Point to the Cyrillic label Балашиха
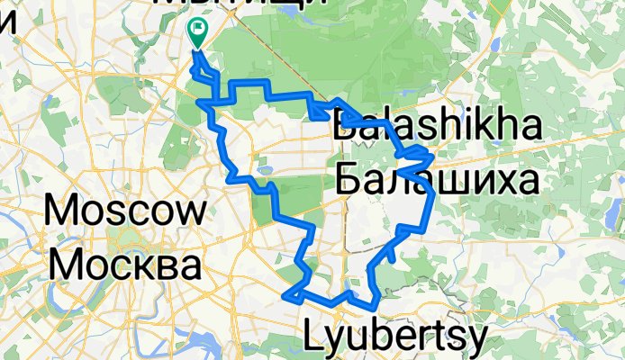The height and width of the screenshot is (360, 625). point(438,180)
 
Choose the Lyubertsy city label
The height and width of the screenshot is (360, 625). point(397,337)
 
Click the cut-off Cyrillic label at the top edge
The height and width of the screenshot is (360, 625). point(241,4)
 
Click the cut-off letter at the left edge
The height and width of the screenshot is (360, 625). point(6,20)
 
